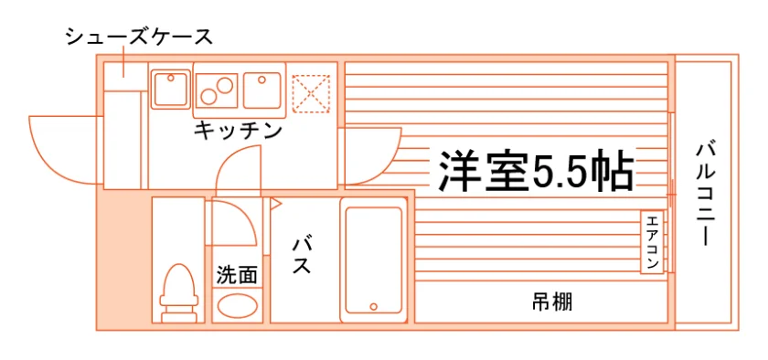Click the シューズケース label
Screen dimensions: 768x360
tap(139, 37)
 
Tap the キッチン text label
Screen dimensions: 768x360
tap(239, 131)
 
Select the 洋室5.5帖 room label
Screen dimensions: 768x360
tap(537, 172)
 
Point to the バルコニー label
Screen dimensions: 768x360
tap(705, 194)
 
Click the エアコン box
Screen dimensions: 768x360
tap(653, 242)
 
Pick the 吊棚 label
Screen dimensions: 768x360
tap(552, 302)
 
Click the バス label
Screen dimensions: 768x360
tap(302, 256)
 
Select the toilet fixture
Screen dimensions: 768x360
tap(179, 293)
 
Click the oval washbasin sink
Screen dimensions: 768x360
tap(238, 306)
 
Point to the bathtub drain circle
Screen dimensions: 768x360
tap(374, 307)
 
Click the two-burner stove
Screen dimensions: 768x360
tap(217, 90)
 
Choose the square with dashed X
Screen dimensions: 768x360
tap(311, 93)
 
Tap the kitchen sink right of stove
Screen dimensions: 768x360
tap(262, 90)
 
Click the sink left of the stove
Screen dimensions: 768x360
tap(170, 90)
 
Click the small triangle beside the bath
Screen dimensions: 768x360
tap(276, 203)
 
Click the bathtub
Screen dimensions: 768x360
tap(374, 260)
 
